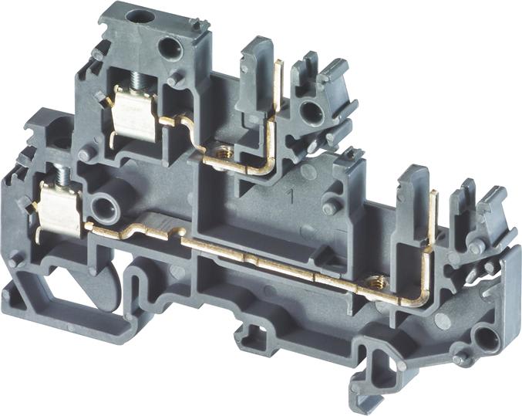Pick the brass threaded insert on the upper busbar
221,152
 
